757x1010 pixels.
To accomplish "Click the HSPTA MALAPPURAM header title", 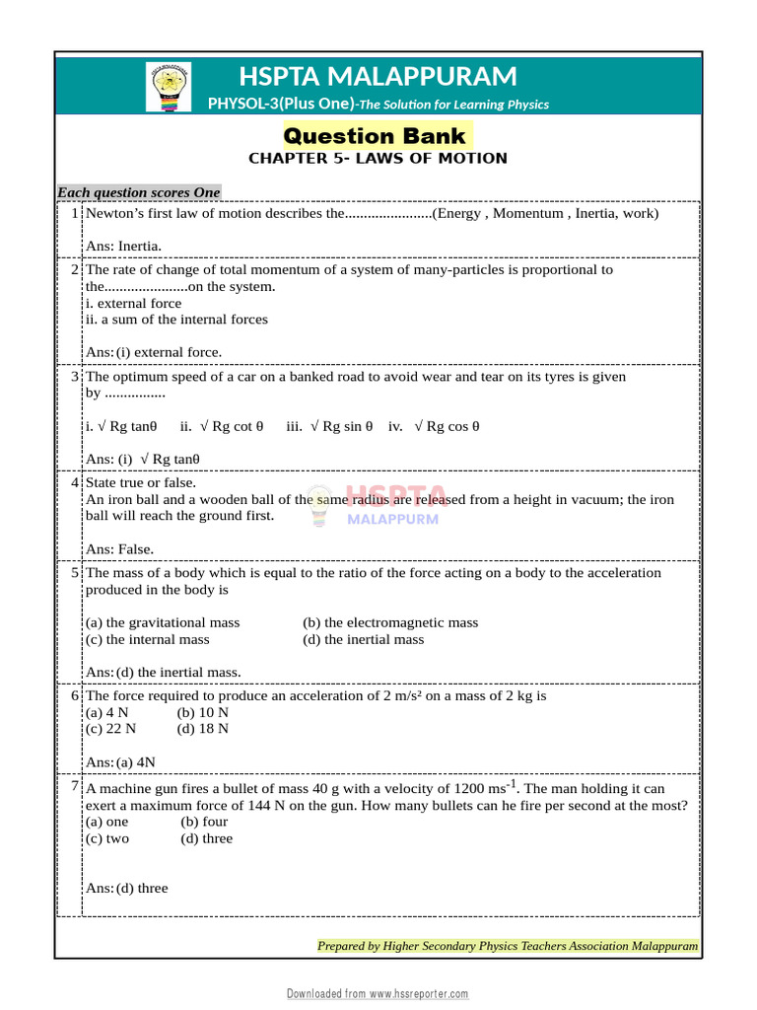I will [x=378, y=76].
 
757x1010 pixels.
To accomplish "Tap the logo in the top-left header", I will [x=169, y=86].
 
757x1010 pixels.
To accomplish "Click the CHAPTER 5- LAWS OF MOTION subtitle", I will [x=378, y=158].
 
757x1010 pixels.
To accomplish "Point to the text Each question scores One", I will [x=138, y=192].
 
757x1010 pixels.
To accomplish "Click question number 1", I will [x=75, y=213].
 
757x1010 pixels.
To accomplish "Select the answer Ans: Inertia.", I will [x=123, y=246].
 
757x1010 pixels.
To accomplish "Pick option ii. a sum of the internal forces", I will [x=176, y=320].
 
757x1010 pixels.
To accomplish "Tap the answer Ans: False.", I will [x=120, y=548].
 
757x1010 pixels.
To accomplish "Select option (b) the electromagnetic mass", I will [x=390, y=622].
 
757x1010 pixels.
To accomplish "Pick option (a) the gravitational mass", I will [x=163, y=622].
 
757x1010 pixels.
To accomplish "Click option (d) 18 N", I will [x=202, y=729].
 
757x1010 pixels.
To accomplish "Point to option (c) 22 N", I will [x=111, y=729].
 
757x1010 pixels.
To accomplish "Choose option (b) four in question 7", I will [x=204, y=822].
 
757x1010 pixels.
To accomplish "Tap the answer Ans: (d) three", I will [x=127, y=888].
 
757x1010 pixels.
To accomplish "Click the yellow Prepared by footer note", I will [x=507, y=946].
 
